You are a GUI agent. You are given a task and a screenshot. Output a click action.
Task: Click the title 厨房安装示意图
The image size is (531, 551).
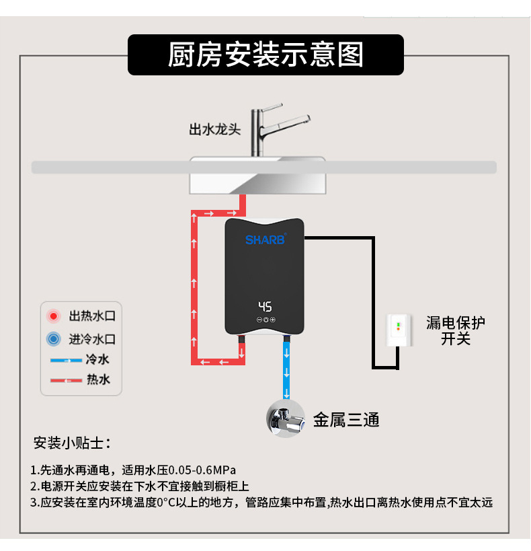pos(265,55)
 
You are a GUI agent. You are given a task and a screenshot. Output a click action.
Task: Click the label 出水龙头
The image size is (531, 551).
pos(214,129)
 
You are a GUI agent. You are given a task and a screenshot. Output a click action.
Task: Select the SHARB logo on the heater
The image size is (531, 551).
pos(265,240)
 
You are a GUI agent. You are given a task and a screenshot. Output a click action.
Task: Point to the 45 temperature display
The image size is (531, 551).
pos(265,307)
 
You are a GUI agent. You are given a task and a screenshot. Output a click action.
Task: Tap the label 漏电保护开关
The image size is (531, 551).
pos(455,330)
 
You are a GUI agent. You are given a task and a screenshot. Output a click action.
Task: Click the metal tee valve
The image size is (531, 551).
pos(287,418)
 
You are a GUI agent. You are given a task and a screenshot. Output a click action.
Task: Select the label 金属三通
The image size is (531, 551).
pos(346,420)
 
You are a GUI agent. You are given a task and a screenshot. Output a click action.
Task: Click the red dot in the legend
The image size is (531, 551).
pos(53,316)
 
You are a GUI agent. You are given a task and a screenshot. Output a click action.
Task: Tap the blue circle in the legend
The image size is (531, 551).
pos(53,338)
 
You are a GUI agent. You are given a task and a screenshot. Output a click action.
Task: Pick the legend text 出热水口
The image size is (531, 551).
pos(92,316)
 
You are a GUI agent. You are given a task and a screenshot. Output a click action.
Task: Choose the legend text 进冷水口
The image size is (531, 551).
pos(92,338)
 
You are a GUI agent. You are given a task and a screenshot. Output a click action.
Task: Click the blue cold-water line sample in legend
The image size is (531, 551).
pos(66,361)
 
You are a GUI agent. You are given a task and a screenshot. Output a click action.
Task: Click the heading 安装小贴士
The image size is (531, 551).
pos(72,443)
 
